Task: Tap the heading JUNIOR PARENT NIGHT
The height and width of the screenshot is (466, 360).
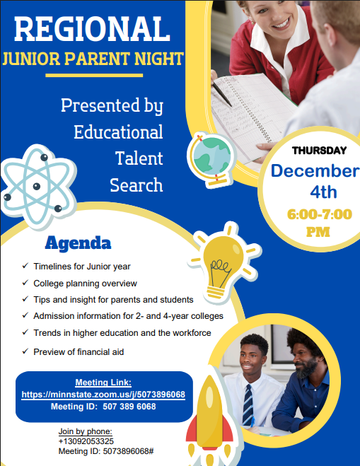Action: [x=93, y=58]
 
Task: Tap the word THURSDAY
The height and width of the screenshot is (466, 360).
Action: [x=320, y=150]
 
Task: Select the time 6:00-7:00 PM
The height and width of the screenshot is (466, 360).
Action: [x=320, y=222]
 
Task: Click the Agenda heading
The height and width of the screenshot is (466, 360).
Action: [x=78, y=244]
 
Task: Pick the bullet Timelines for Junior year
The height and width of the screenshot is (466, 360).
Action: [x=81, y=267]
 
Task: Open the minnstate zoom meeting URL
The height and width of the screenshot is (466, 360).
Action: [x=103, y=395]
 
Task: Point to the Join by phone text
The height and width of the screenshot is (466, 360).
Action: [x=85, y=431]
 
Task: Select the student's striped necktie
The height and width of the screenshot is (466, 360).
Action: [x=248, y=407]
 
